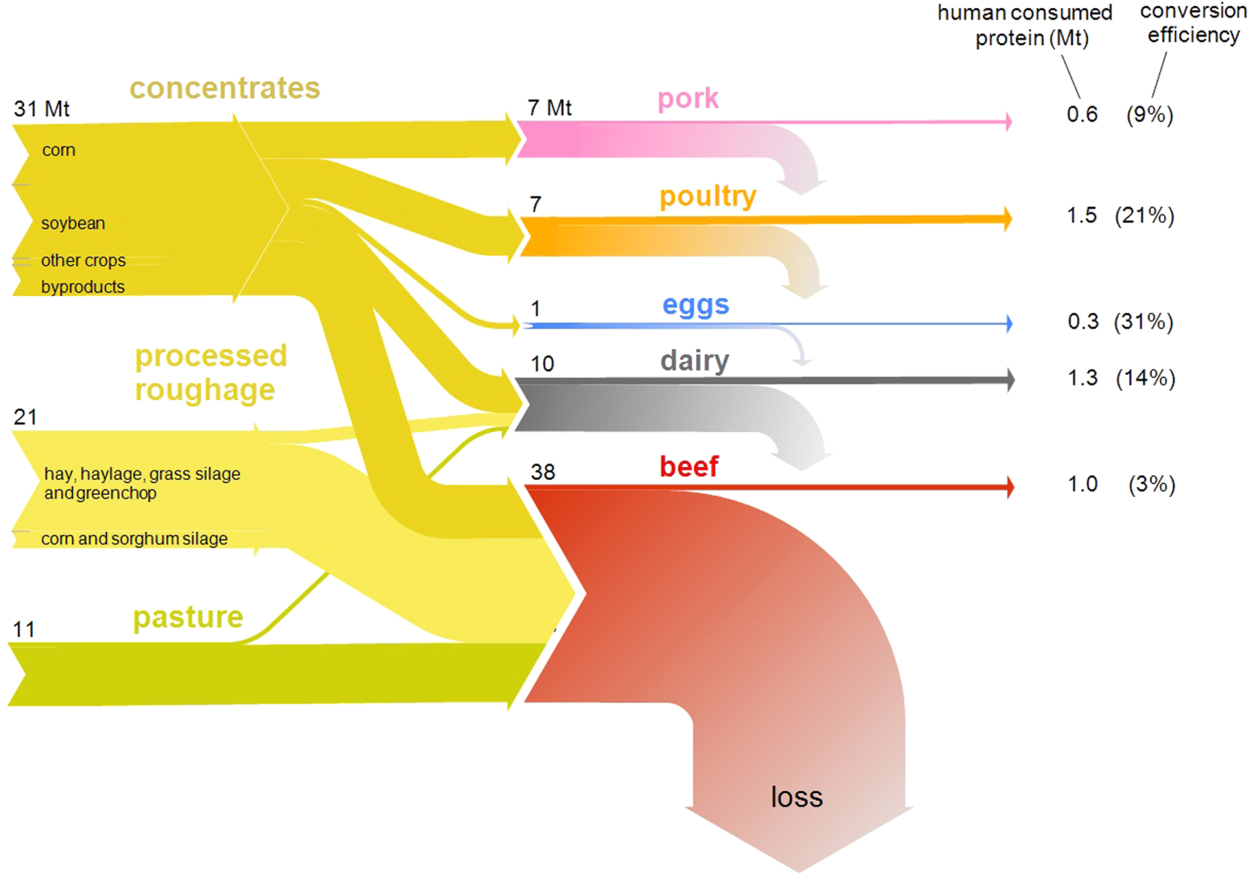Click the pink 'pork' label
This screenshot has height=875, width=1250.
[687, 99]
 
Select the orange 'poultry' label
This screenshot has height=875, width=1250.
[708, 196]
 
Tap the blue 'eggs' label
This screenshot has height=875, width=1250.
[695, 305]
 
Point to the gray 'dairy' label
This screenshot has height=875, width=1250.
[695, 360]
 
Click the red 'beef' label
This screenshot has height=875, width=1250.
[689, 467]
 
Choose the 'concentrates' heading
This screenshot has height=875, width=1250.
[225, 89]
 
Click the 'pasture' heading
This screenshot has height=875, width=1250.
[188, 618]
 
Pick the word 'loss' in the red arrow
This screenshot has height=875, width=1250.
[797, 797]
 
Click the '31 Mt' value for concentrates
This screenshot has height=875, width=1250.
[41, 109]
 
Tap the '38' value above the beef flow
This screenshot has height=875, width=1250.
[543, 472]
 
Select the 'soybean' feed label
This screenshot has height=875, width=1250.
[73, 223]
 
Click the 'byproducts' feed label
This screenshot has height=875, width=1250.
[83, 287]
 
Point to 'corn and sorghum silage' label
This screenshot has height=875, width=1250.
[134, 539]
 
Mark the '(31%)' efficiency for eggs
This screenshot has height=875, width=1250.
[1144, 321]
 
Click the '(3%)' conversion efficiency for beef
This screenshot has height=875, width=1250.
[1151, 484]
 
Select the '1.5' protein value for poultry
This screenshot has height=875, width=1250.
[1081, 215]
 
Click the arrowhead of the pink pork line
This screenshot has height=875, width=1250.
[1009, 121]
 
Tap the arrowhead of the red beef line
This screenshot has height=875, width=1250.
[1010, 487]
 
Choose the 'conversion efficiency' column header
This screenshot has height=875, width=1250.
[1193, 23]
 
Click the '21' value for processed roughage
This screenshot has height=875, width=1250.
[25, 417]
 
